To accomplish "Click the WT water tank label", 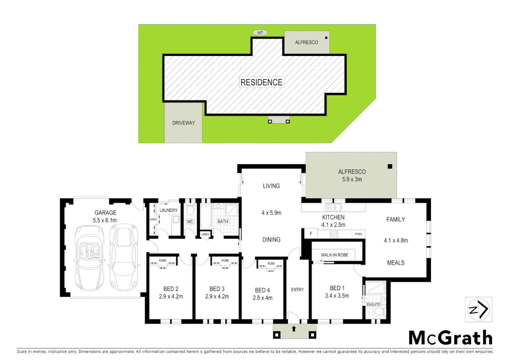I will pyautogui.click(x=260, y=33).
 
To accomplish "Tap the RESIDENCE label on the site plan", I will pyautogui.click(x=261, y=82).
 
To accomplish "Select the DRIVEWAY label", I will pyautogui.click(x=184, y=123).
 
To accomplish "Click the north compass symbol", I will pyautogui.click(x=479, y=310).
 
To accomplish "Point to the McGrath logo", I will pyautogui.click(x=450, y=338).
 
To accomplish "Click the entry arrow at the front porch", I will pyautogui.click(x=294, y=329).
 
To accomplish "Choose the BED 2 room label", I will pyautogui.click(x=171, y=289).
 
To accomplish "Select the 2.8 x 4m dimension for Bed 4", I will pyautogui.click(x=262, y=298).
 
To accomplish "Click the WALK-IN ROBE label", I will pyautogui.click(x=334, y=255).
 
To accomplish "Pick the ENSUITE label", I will pyautogui.click(x=373, y=305).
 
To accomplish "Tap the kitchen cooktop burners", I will pyautogui.click(x=334, y=234).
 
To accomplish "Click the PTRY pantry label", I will pyautogui.click(x=358, y=234).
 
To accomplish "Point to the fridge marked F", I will pyautogui.click(x=311, y=234).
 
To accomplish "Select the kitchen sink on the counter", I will pyautogui.click(x=333, y=207).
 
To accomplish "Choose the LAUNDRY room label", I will pyautogui.click(x=169, y=210).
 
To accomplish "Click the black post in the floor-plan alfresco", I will pyautogui.click(x=390, y=166).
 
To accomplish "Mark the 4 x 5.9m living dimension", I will pyautogui.click(x=271, y=213).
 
